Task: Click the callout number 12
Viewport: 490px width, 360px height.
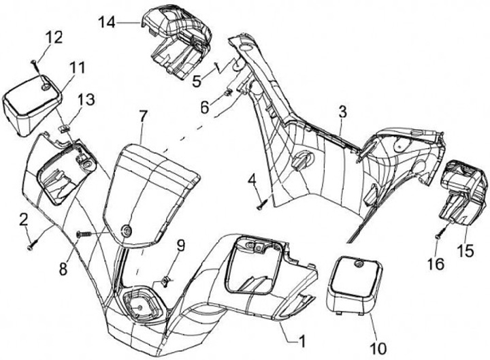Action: (x=54, y=36)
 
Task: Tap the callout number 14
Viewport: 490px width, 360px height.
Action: (x=107, y=22)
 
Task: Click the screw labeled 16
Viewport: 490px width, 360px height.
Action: (x=438, y=235)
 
